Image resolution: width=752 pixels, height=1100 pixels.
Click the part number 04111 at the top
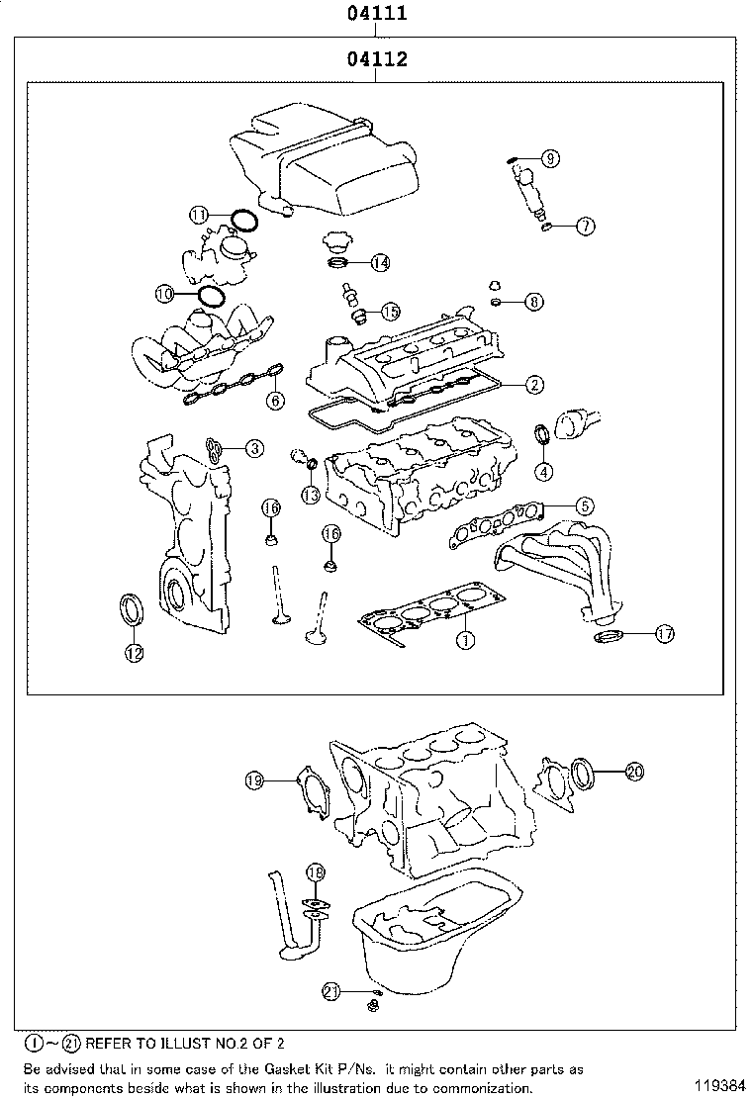click(x=377, y=15)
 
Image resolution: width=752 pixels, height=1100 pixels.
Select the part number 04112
click(x=377, y=60)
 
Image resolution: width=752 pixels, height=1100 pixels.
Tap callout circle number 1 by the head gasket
click(x=462, y=640)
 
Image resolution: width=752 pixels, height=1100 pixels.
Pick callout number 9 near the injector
click(x=550, y=157)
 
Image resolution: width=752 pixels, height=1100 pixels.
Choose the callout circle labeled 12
click(x=133, y=652)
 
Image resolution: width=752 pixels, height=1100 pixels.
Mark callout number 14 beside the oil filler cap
click(x=380, y=262)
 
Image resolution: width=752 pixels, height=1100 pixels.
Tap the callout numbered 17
click(x=664, y=633)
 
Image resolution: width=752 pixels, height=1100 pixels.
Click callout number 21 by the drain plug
click(x=332, y=990)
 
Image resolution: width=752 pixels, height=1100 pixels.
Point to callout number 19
click(x=255, y=780)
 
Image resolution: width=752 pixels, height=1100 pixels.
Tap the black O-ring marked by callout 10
click(x=211, y=295)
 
